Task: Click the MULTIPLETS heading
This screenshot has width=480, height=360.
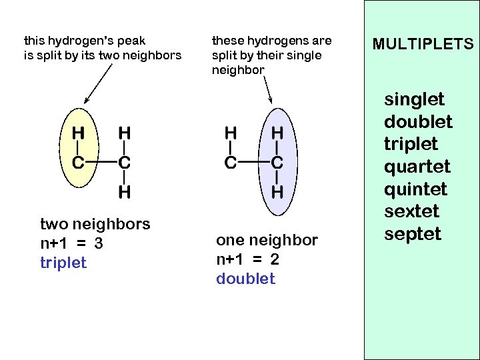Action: coord(423,45)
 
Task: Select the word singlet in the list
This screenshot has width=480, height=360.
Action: coord(414,100)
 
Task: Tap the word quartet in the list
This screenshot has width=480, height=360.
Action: coord(417,167)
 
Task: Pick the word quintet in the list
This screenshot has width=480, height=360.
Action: coord(416,189)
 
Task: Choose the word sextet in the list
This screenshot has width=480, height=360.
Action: coord(412,212)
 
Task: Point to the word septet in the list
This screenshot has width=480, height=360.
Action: coord(413,234)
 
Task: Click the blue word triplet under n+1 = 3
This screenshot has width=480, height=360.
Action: coord(63,263)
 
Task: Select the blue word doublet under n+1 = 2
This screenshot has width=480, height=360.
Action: coord(245,279)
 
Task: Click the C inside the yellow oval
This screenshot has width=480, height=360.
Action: coord(78,162)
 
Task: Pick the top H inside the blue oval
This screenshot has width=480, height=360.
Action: coord(277,133)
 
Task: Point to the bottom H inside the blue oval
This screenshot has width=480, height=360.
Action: coord(277,192)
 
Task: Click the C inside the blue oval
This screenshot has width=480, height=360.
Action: coord(277,162)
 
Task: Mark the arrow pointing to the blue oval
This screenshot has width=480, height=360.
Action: coord(269,89)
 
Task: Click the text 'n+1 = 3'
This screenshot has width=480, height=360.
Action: coord(71,243)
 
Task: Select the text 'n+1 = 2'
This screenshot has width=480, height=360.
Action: coord(247,260)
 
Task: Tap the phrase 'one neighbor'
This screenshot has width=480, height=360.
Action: coord(267,241)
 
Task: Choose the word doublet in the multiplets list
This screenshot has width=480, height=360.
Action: coord(418,122)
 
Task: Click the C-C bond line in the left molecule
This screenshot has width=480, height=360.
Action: coord(101,162)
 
